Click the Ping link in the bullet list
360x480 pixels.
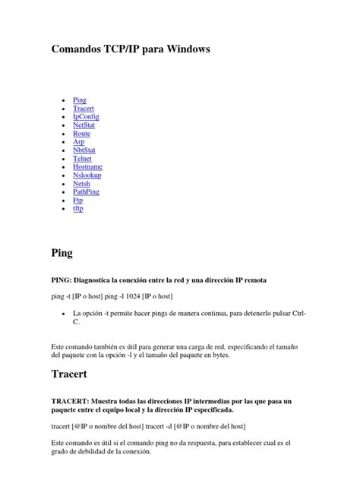tap(79, 100)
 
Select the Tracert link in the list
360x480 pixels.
tap(83, 109)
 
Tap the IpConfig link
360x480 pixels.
tap(86, 117)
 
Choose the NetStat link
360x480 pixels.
tap(84, 125)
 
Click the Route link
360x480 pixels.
tap(81, 134)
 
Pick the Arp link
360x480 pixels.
tap(79, 142)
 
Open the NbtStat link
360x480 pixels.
tap(84, 150)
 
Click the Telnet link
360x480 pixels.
tap(82, 159)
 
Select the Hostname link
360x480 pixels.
tap(87, 167)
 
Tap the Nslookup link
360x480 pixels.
tap(87, 175)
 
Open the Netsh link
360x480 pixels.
tap(81, 184)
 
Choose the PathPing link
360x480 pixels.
tap(87, 192)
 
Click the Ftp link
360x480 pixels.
tap(77, 201)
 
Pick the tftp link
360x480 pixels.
tap(78, 208)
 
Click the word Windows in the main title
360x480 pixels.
tap(185, 49)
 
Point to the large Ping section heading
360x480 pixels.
tap(62, 251)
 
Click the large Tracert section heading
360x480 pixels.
tap(69, 374)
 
